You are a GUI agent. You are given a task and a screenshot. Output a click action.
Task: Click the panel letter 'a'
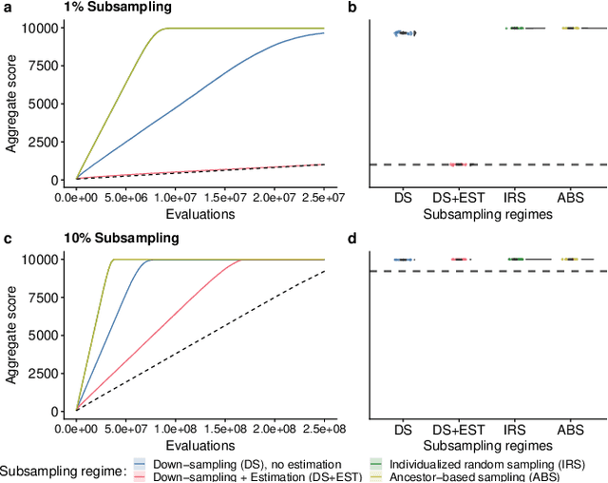click(x=6, y=8)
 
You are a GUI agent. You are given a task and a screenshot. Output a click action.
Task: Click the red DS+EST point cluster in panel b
click(x=459, y=164)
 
